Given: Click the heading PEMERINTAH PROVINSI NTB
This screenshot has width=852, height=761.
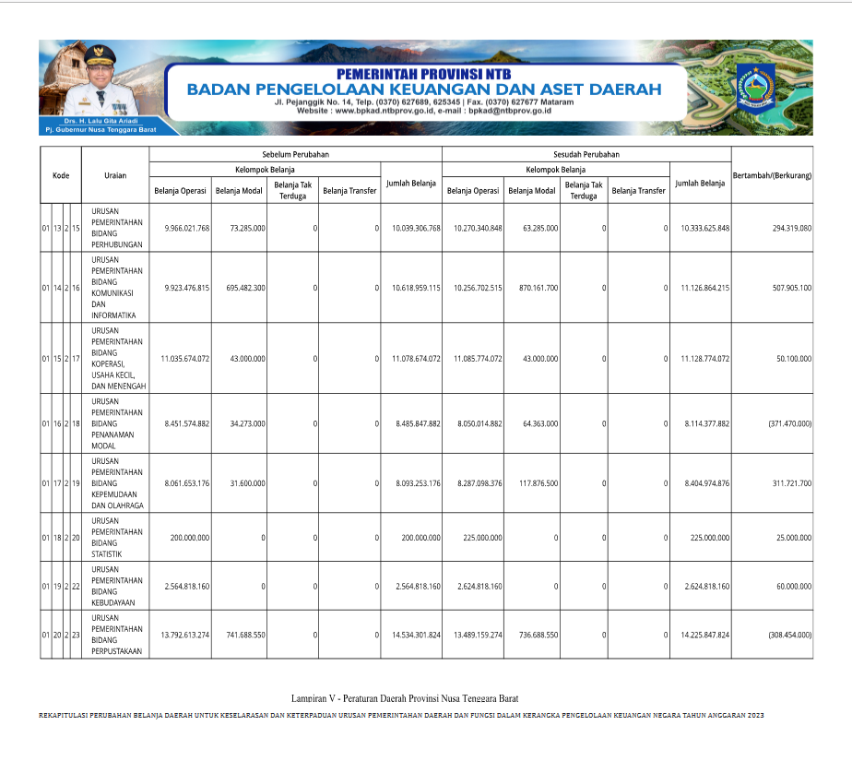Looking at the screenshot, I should point(423,74).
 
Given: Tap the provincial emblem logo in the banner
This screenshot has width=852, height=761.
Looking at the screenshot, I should point(755,89).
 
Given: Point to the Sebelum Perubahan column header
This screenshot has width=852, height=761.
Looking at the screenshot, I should point(295,155).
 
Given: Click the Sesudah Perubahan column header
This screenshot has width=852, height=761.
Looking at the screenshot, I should point(586,155).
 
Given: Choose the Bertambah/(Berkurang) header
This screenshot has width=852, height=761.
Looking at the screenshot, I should point(772,175).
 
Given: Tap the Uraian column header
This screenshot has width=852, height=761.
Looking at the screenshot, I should point(115,175).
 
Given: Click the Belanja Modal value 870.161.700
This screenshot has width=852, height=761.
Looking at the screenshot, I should point(533,288).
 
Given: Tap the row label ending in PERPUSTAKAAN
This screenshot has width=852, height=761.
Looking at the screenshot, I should point(118,635).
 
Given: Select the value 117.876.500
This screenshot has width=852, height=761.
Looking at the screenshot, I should point(534,482).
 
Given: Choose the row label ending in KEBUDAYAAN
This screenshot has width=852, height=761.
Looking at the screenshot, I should point(117,586).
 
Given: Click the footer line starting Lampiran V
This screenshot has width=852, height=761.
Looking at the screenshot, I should point(410,698).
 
